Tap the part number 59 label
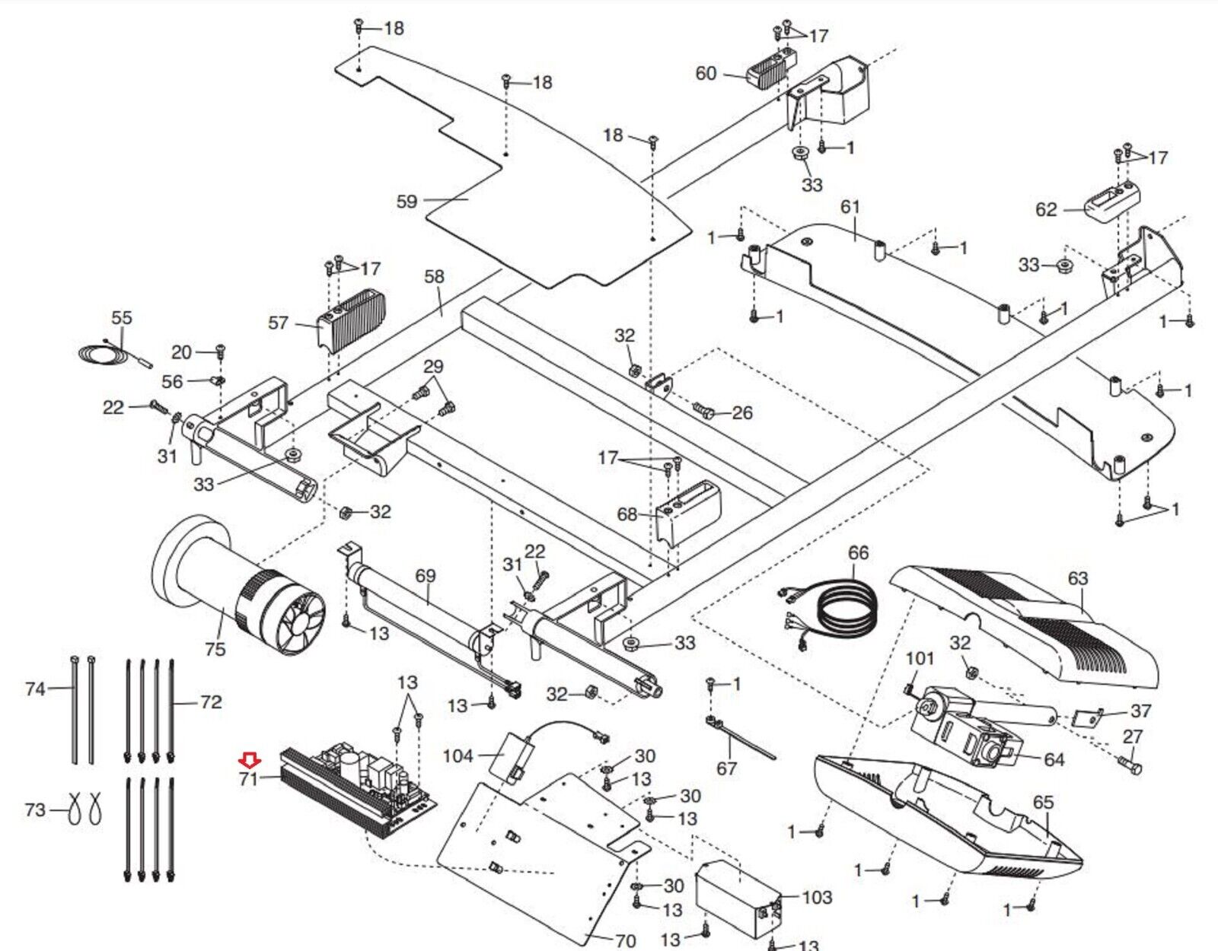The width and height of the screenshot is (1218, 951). pyautogui.click(x=407, y=202)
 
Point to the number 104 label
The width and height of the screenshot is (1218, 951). pyautogui.click(x=458, y=755)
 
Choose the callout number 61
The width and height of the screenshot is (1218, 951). pyautogui.click(x=850, y=207)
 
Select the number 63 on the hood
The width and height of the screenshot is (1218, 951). pyautogui.click(x=1078, y=578)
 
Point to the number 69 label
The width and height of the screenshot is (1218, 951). pyautogui.click(x=426, y=576)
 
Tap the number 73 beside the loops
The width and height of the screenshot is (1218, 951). pyautogui.click(x=35, y=809)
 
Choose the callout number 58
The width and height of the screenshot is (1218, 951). pyautogui.click(x=434, y=276)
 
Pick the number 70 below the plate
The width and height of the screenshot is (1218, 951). pyautogui.click(x=625, y=941)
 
